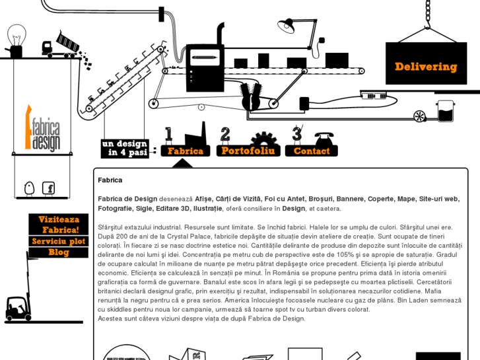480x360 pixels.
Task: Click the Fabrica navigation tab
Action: (185, 151)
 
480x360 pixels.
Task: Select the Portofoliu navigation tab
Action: (248, 151)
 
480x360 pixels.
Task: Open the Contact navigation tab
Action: (311, 151)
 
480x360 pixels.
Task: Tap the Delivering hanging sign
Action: (426, 67)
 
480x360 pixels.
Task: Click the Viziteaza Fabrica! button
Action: (58, 224)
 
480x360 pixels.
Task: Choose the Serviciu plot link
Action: (58, 241)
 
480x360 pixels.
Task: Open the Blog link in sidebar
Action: (58, 252)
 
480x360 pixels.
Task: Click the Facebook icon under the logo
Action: (48, 188)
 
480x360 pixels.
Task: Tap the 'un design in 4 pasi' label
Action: (124, 148)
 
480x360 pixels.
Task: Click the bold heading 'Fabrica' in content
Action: (110, 180)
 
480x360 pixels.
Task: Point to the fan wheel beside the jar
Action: (420, 116)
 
